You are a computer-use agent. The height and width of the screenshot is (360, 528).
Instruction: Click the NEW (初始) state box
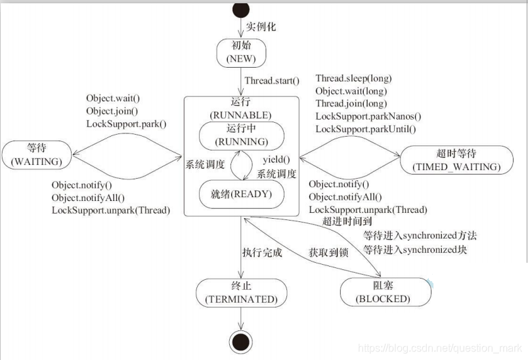pyautogui.click(x=241, y=53)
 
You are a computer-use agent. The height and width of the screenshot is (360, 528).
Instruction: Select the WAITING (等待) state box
pyautogui.click(x=37, y=154)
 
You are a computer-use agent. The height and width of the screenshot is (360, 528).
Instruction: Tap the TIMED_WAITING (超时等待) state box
pyautogui.click(x=456, y=160)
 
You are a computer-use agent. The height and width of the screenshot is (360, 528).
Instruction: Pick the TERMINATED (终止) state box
pyautogui.click(x=241, y=292)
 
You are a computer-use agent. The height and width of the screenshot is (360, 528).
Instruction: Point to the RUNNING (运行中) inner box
pyautogui.click(x=242, y=135)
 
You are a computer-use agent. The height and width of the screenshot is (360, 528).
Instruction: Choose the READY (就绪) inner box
pyautogui.click(x=242, y=194)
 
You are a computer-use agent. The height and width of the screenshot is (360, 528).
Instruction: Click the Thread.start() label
pyautogui.click(x=272, y=81)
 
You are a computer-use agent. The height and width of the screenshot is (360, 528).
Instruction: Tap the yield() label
pyautogui.click(x=276, y=160)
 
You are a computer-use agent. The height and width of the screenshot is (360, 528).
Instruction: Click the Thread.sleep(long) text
pyautogui.click(x=351, y=79)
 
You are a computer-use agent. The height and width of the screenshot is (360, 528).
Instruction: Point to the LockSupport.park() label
pyautogui.click(x=126, y=124)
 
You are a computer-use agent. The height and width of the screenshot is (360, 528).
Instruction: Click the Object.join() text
pyautogui.click(x=112, y=111)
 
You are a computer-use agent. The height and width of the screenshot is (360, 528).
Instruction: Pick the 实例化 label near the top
pyautogui.click(x=261, y=28)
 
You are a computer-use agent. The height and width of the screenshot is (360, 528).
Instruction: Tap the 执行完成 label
pyautogui.click(x=261, y=252)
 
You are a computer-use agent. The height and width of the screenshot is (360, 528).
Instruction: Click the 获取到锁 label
pyautogui.click(x=328, y=252)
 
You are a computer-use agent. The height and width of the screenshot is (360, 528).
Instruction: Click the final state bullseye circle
pyautogui.click(x=241, y=342)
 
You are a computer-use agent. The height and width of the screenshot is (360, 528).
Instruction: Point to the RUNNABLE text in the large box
pyautogui.click(x=241, y=114)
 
